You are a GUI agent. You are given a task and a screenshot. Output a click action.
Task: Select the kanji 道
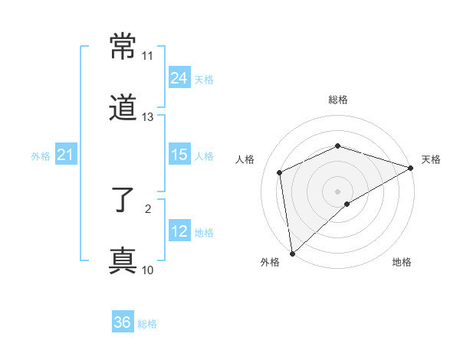(123, 108)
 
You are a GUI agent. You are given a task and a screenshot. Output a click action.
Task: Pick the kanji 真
(123, 260)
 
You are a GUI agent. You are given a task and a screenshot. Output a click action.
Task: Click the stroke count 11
(147, 56)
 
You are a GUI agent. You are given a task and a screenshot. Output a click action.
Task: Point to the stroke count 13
(147, 116)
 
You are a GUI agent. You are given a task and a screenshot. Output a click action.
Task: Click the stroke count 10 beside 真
(147, 270)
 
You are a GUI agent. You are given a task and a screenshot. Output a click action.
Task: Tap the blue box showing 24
(179, 78)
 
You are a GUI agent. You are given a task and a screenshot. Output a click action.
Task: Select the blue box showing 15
(179, 155)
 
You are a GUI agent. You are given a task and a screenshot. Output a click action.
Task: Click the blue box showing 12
(179, 231)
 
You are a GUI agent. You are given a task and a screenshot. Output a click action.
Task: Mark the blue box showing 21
(66, 155)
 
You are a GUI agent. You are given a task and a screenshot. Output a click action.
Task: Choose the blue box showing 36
(123, 322)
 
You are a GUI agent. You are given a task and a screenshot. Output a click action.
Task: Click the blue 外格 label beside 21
(41, 156)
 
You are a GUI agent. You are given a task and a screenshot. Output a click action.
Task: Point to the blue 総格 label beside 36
(147, 324)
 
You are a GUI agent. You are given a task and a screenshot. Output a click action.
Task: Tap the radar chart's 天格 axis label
(431, 159)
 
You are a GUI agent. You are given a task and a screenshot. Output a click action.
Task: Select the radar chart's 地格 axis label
(402, 263)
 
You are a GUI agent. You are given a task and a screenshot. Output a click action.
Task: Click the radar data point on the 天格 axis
(412, 168)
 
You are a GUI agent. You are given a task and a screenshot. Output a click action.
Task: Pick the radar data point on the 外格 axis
(291, 254)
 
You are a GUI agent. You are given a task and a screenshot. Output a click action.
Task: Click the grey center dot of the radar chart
(337, 191)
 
